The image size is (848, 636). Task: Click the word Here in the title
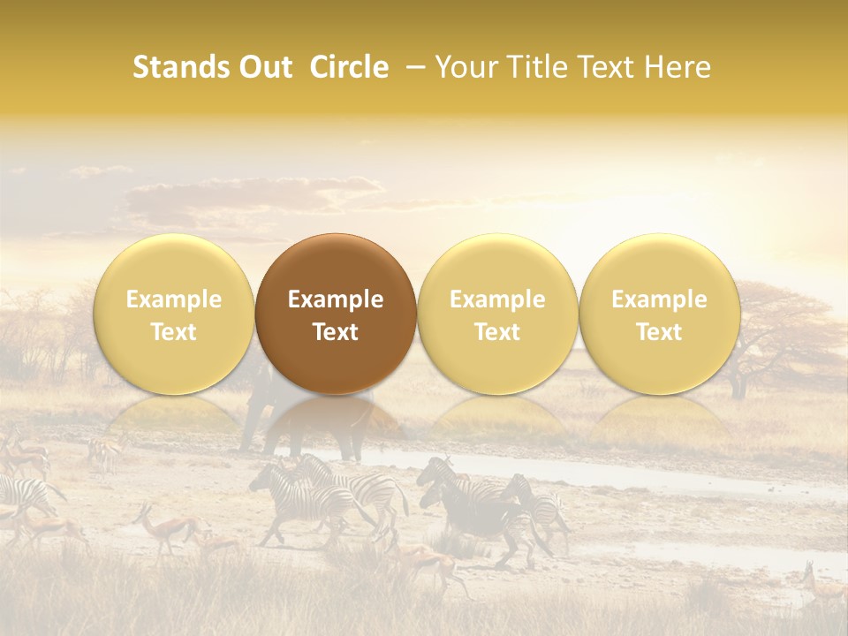pos(678,67)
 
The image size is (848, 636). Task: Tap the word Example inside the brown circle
pos(336,299)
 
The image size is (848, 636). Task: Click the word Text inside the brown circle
pos(336,332)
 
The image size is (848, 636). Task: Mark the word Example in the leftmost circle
pos(173,299)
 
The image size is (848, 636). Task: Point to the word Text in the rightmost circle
pos(660,332)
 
